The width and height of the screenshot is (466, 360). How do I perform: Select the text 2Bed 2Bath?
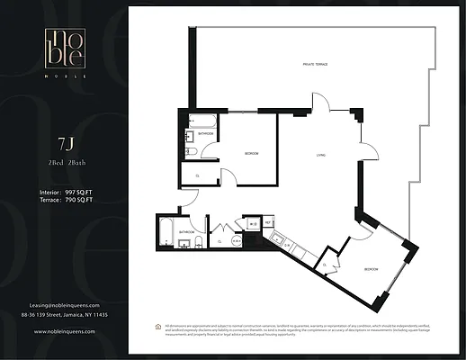click(x=64, y=162)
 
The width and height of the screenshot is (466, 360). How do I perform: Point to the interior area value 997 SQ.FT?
click(x=80, y=192)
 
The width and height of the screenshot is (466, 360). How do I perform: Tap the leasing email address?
click(x=64, y=305)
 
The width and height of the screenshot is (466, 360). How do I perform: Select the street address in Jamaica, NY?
click(x=64, y=316)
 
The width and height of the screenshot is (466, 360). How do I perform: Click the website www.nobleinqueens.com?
click(x=64, y=332)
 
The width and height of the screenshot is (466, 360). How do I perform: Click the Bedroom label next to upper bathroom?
click(x=252, y=154)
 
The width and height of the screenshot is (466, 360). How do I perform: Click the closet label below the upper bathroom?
click(x=197, y=175)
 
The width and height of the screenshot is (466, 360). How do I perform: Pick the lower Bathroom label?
click(x=186, y=231)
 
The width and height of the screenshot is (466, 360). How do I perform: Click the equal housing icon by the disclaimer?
click(x=159, y=327)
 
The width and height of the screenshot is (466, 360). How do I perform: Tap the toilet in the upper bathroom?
click(x=192, y=152)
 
